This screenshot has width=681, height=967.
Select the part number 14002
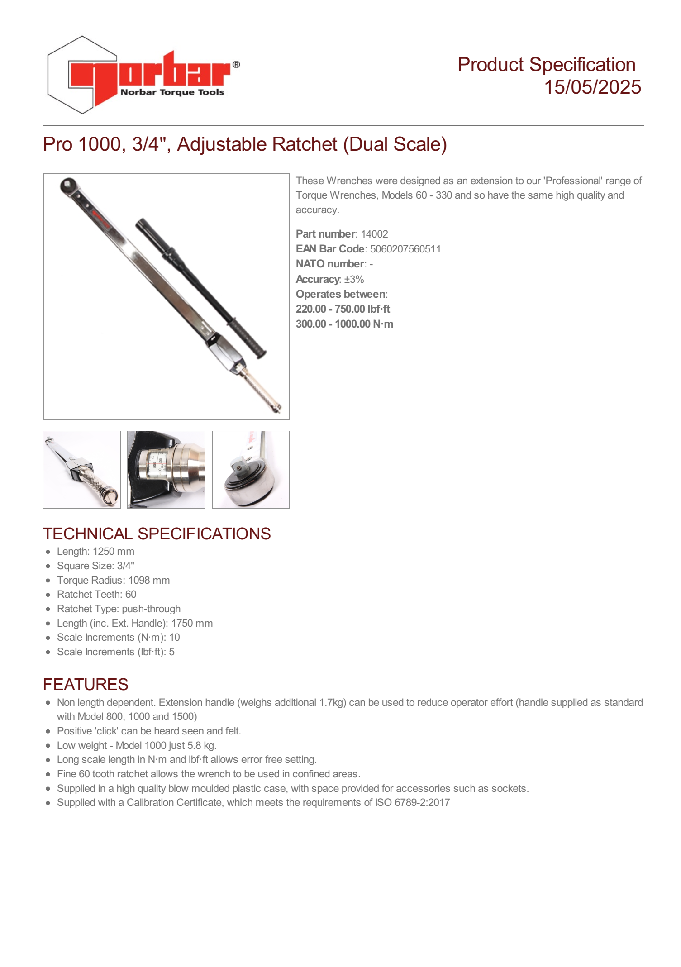[x=374, y=234]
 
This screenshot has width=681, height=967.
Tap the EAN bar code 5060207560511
[x=405, y=249]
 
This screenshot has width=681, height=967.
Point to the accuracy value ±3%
[x=354, y=279]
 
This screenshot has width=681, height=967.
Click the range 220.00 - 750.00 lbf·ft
[x=343, y=309]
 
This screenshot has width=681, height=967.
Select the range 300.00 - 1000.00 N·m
[x=344, y=324]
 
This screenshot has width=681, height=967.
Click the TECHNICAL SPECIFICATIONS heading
[x=157, y=534]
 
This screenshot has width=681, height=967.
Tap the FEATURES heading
[x=86, y=684]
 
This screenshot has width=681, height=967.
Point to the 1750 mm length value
[x=192, y=623]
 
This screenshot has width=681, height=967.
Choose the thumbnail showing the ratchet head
[x=251, y=470]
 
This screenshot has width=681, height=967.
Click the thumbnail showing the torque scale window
[x=166, y=470]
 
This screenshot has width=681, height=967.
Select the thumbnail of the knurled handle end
[x=82, y=470]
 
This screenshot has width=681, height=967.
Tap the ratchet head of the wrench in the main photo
[x=69, y=186]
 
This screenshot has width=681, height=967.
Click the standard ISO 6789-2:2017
[x=412, y=802]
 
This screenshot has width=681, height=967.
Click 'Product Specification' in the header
[x=546, y=65]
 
